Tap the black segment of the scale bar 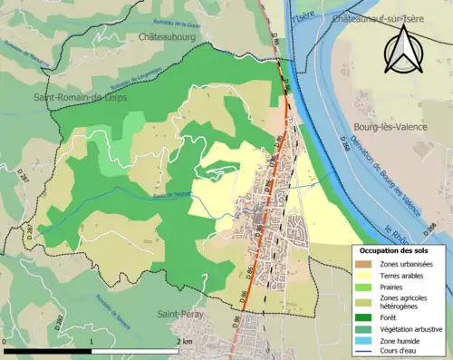[x=47, y=350]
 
